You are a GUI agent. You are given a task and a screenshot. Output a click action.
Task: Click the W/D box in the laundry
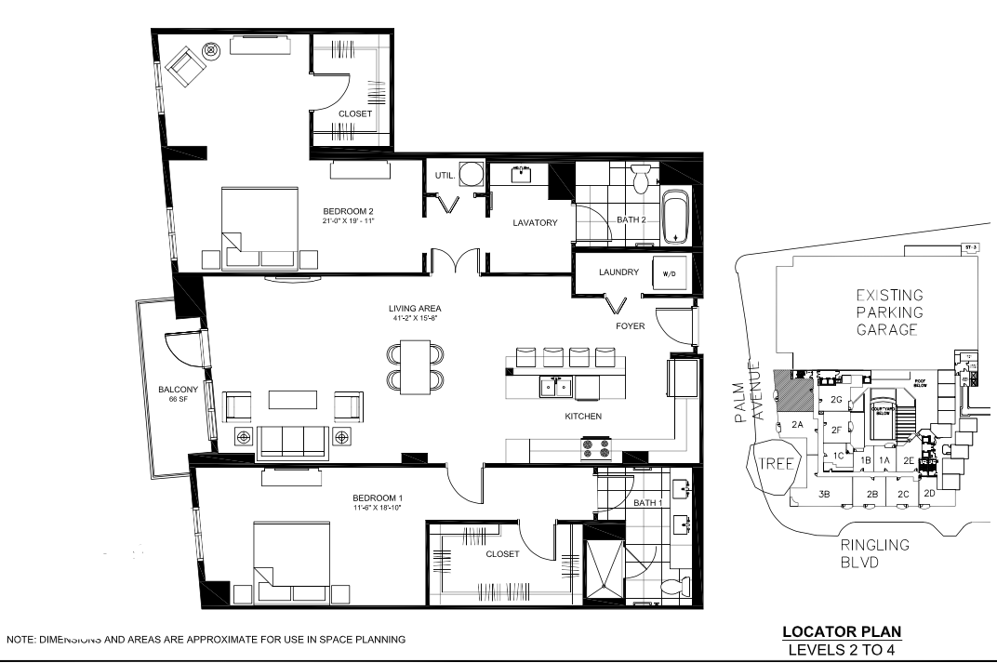[669, 273]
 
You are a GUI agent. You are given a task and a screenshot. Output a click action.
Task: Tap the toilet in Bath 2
[640, 178]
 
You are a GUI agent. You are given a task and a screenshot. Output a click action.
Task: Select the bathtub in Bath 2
[675, 216]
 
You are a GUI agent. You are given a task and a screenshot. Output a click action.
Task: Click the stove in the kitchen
[596, 449]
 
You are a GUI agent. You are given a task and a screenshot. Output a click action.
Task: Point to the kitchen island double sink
[554, 386]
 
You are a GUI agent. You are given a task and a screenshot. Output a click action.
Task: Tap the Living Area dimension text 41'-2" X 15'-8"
[415, 317]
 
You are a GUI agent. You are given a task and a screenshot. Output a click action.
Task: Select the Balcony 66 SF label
[176, 393]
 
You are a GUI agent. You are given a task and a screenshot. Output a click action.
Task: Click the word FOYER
[630, 326]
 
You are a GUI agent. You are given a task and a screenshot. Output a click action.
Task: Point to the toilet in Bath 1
[672, 586]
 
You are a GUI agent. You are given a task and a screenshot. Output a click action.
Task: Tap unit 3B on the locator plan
[823, 494]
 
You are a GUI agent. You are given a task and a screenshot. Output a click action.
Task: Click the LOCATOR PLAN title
[841, 632]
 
